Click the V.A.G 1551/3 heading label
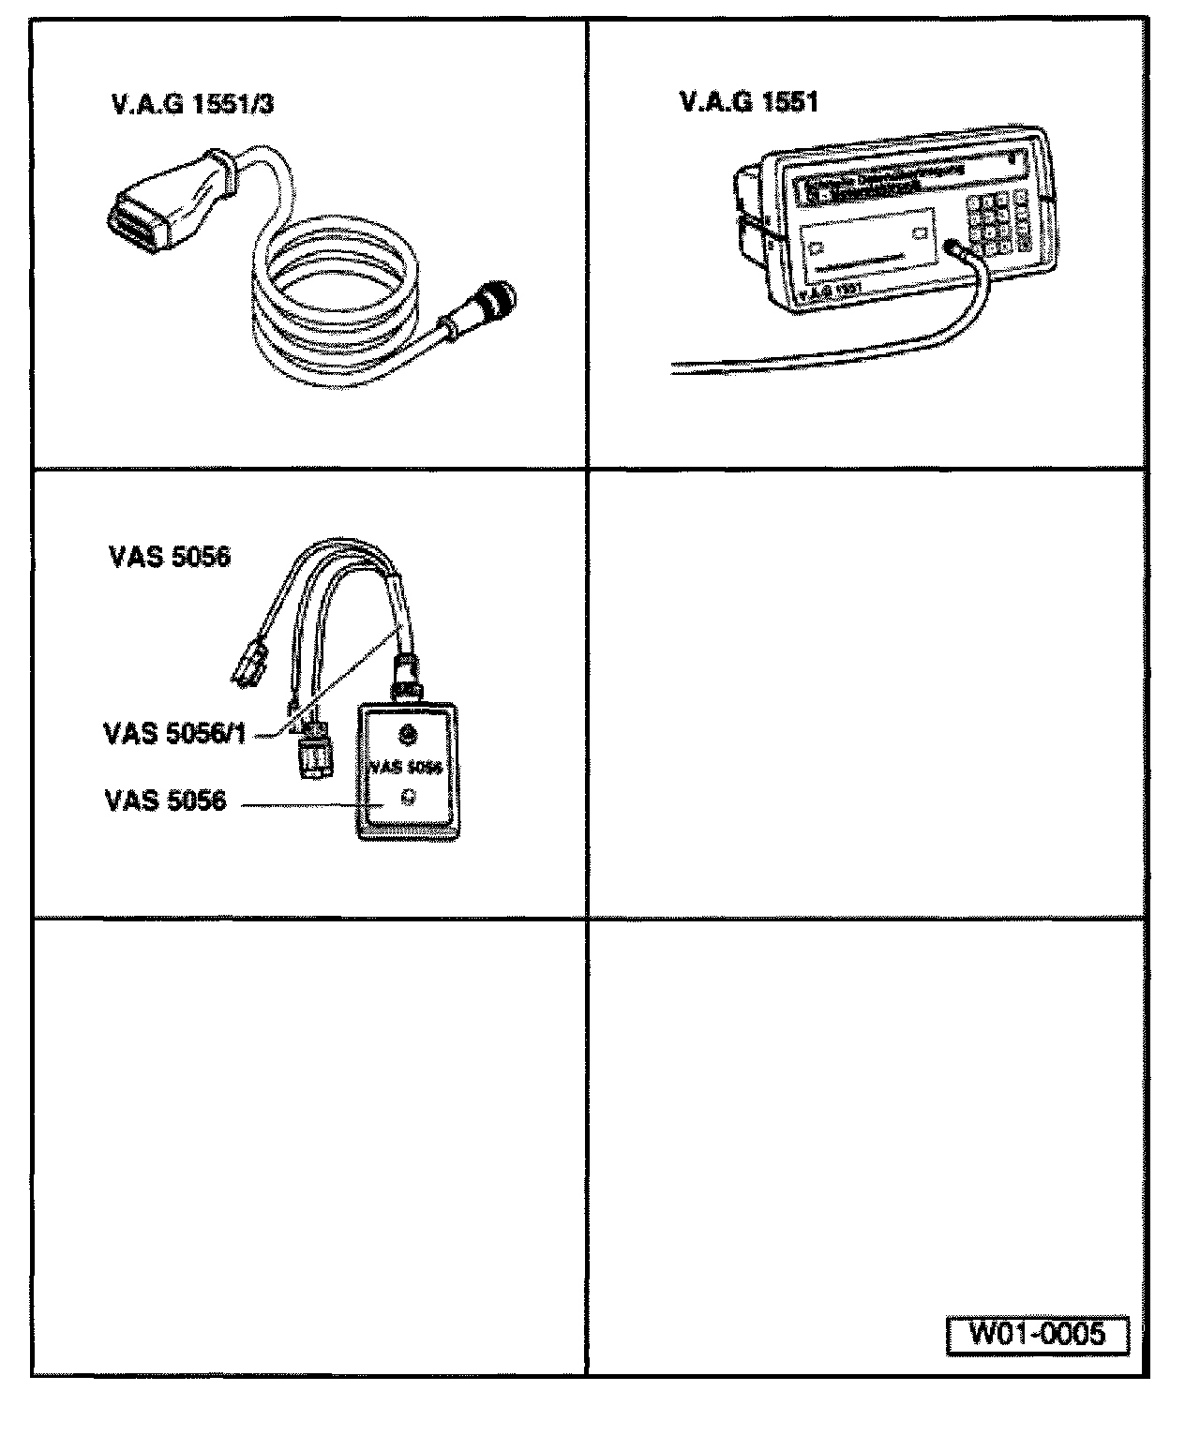pos(192,105)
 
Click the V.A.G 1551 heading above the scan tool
pos(748,102)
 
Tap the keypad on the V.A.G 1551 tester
pos(999,222)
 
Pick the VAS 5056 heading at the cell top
pos(169,557)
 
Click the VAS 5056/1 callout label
pos(174,732)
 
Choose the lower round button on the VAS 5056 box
pos(407,798)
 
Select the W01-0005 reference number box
pos(1037,1334)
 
